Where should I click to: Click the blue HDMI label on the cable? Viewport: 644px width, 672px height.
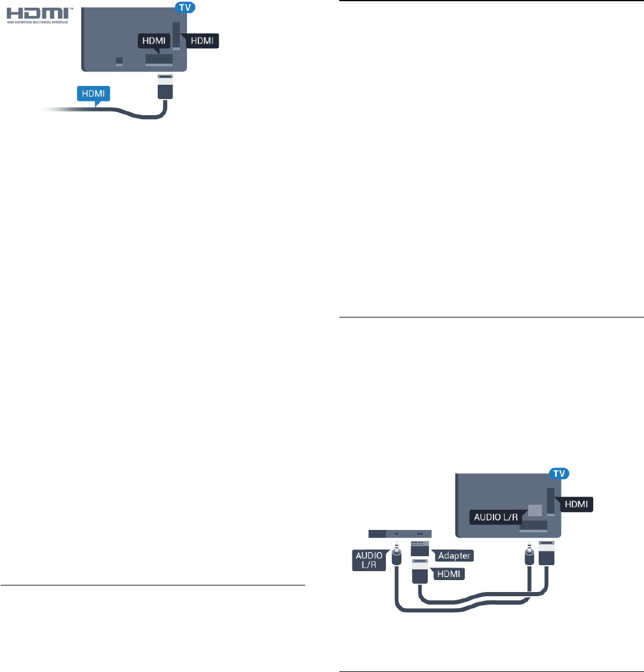(x=94, y=94)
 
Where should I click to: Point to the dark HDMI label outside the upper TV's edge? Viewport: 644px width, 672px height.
(x=202, y=41)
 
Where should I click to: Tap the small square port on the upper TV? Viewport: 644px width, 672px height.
(x=119, y=61)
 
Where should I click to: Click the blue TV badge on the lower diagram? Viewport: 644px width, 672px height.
(x=559, y=474)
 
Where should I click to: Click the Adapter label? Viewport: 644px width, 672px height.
(x=454, y=556)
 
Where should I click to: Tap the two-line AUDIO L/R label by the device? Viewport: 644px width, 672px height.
(x=368, y=560)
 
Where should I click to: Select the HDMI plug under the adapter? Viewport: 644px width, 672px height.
(x=421, y=571)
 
